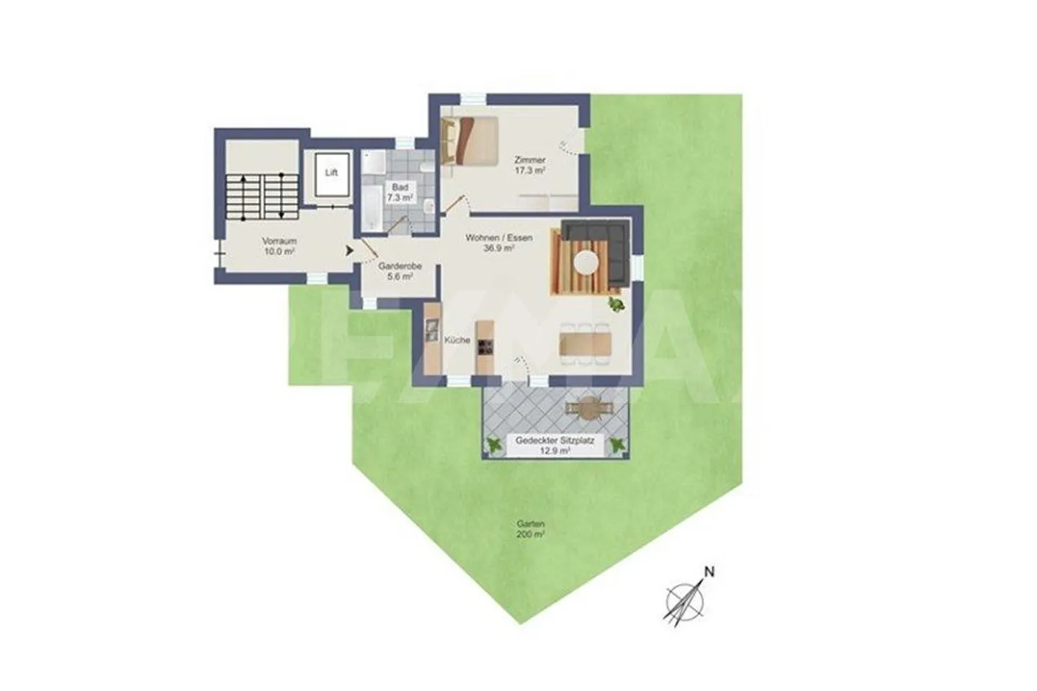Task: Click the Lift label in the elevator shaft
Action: [x=331, y=173]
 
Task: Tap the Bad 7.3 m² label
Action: [x=400, y=192]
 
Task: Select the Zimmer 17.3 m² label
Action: [x=529, y=165]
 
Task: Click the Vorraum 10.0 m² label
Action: [x=279, y=246]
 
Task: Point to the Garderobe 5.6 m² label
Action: [x=400, y=270]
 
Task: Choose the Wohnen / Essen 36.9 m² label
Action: [x=499, y=243]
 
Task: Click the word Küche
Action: [x=457, y=340]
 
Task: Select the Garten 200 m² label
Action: [x=530, y=529]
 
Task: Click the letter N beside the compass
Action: [x=709, y=573]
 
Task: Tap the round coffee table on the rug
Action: [x=585, y=261]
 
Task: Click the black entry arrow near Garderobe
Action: [x=349, y=250]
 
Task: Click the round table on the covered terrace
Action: [x=591, y=408]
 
